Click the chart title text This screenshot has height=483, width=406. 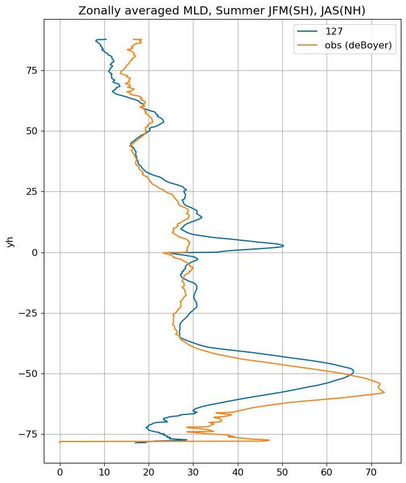click(x=222, y=10)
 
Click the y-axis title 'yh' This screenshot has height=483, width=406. click(x=10, y=241)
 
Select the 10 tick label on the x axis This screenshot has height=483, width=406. click(x=105, y=472)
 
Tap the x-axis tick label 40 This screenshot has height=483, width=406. click(x=238, y=472)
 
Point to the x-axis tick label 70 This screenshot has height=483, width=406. click(x=371, y=472)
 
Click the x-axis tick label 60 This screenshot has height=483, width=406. click(x=327, y=472)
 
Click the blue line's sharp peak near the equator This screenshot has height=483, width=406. click(x=283, y=246)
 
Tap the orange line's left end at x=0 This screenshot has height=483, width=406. click(x=60, y=442)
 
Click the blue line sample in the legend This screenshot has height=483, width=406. click(x=307, y=31)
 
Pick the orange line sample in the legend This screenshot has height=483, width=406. click(x=307, y=45)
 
